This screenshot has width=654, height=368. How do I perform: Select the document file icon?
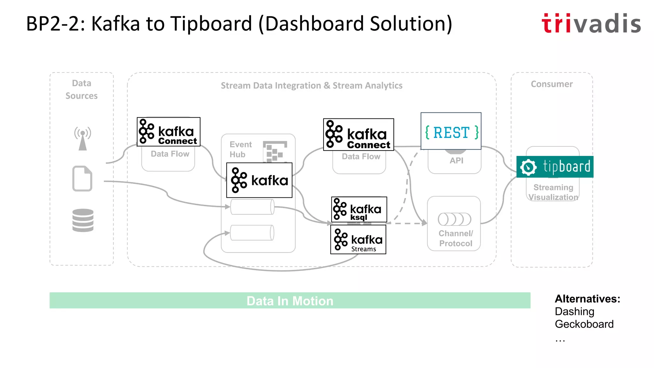(x=82, y=179)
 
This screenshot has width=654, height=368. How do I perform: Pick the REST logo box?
(x=451, y=131)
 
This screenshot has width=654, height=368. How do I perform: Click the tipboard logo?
(x=555, y=167)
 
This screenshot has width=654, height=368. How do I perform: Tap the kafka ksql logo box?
(x=359, y=210)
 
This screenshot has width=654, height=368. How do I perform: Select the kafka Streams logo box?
(x=358, y=240)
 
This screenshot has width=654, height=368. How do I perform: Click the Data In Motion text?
(x=290, y=301)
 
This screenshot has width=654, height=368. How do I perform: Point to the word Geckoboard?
(x=584, y=324)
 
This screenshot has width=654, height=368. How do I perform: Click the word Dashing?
(x=574, y=311)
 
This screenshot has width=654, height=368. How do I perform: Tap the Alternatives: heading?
(x=587, y=299)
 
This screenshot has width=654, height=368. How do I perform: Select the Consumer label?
(x=551, y=84)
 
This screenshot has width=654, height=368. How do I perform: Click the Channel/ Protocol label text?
(x=456, y=238)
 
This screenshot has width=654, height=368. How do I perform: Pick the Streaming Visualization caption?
(x=553, y=192)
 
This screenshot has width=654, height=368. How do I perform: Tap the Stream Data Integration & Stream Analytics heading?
(x=311, y=86)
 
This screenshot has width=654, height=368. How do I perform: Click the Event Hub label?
(x=240, y=149)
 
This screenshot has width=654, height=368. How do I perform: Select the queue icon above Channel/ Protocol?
(x=454, y=219)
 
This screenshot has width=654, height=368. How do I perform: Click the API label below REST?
(x=456, y=161)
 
